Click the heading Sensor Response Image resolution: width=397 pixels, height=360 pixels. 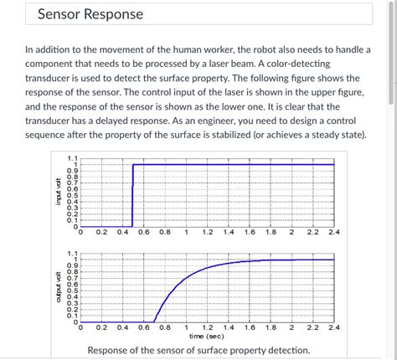pos(90,15)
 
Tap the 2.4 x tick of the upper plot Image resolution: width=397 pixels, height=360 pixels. pos(334,233)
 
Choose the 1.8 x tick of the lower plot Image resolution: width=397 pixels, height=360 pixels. pos(271,328)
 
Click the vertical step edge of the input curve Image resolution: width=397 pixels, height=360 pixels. pos(132,194)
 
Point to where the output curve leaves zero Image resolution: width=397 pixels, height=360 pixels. pos(154,321)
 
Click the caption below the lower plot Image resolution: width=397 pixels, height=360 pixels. pos(198,350)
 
